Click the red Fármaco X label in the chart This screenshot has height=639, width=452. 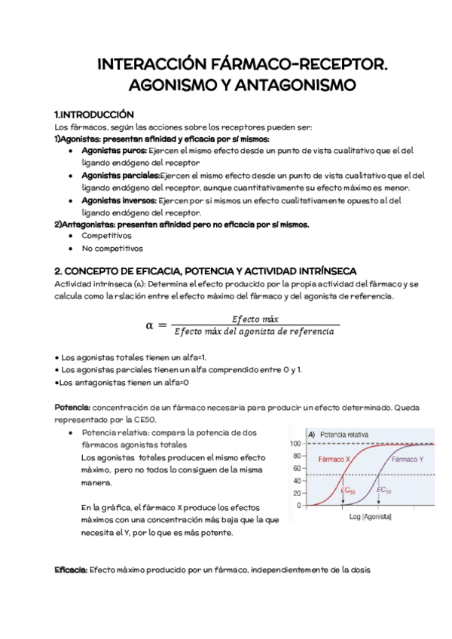[x=334, y=459]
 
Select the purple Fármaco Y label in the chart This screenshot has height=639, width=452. [x=408, y=459]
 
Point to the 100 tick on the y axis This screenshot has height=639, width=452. [x=295, y=444]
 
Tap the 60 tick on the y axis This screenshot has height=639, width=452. [x=297, y=468]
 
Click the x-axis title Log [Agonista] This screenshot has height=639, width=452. [x=370, y=518]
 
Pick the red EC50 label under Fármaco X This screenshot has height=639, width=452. [x=349, y=490]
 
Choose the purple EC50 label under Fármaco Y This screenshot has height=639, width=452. [x=383, y=490]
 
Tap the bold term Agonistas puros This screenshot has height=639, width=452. [x=109, y=151]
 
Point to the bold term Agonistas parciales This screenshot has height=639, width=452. [x=115, y=176]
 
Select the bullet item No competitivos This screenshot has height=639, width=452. [x=111, y=249]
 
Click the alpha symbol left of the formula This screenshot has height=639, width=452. [x=149, y=325]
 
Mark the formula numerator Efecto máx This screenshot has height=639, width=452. [x=256, y=319]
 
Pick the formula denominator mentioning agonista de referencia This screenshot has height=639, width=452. [x=256, y=331]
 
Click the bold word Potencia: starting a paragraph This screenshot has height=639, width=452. [x=72, y=408]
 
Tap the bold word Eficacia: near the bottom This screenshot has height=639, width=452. [x=72, y=570]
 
